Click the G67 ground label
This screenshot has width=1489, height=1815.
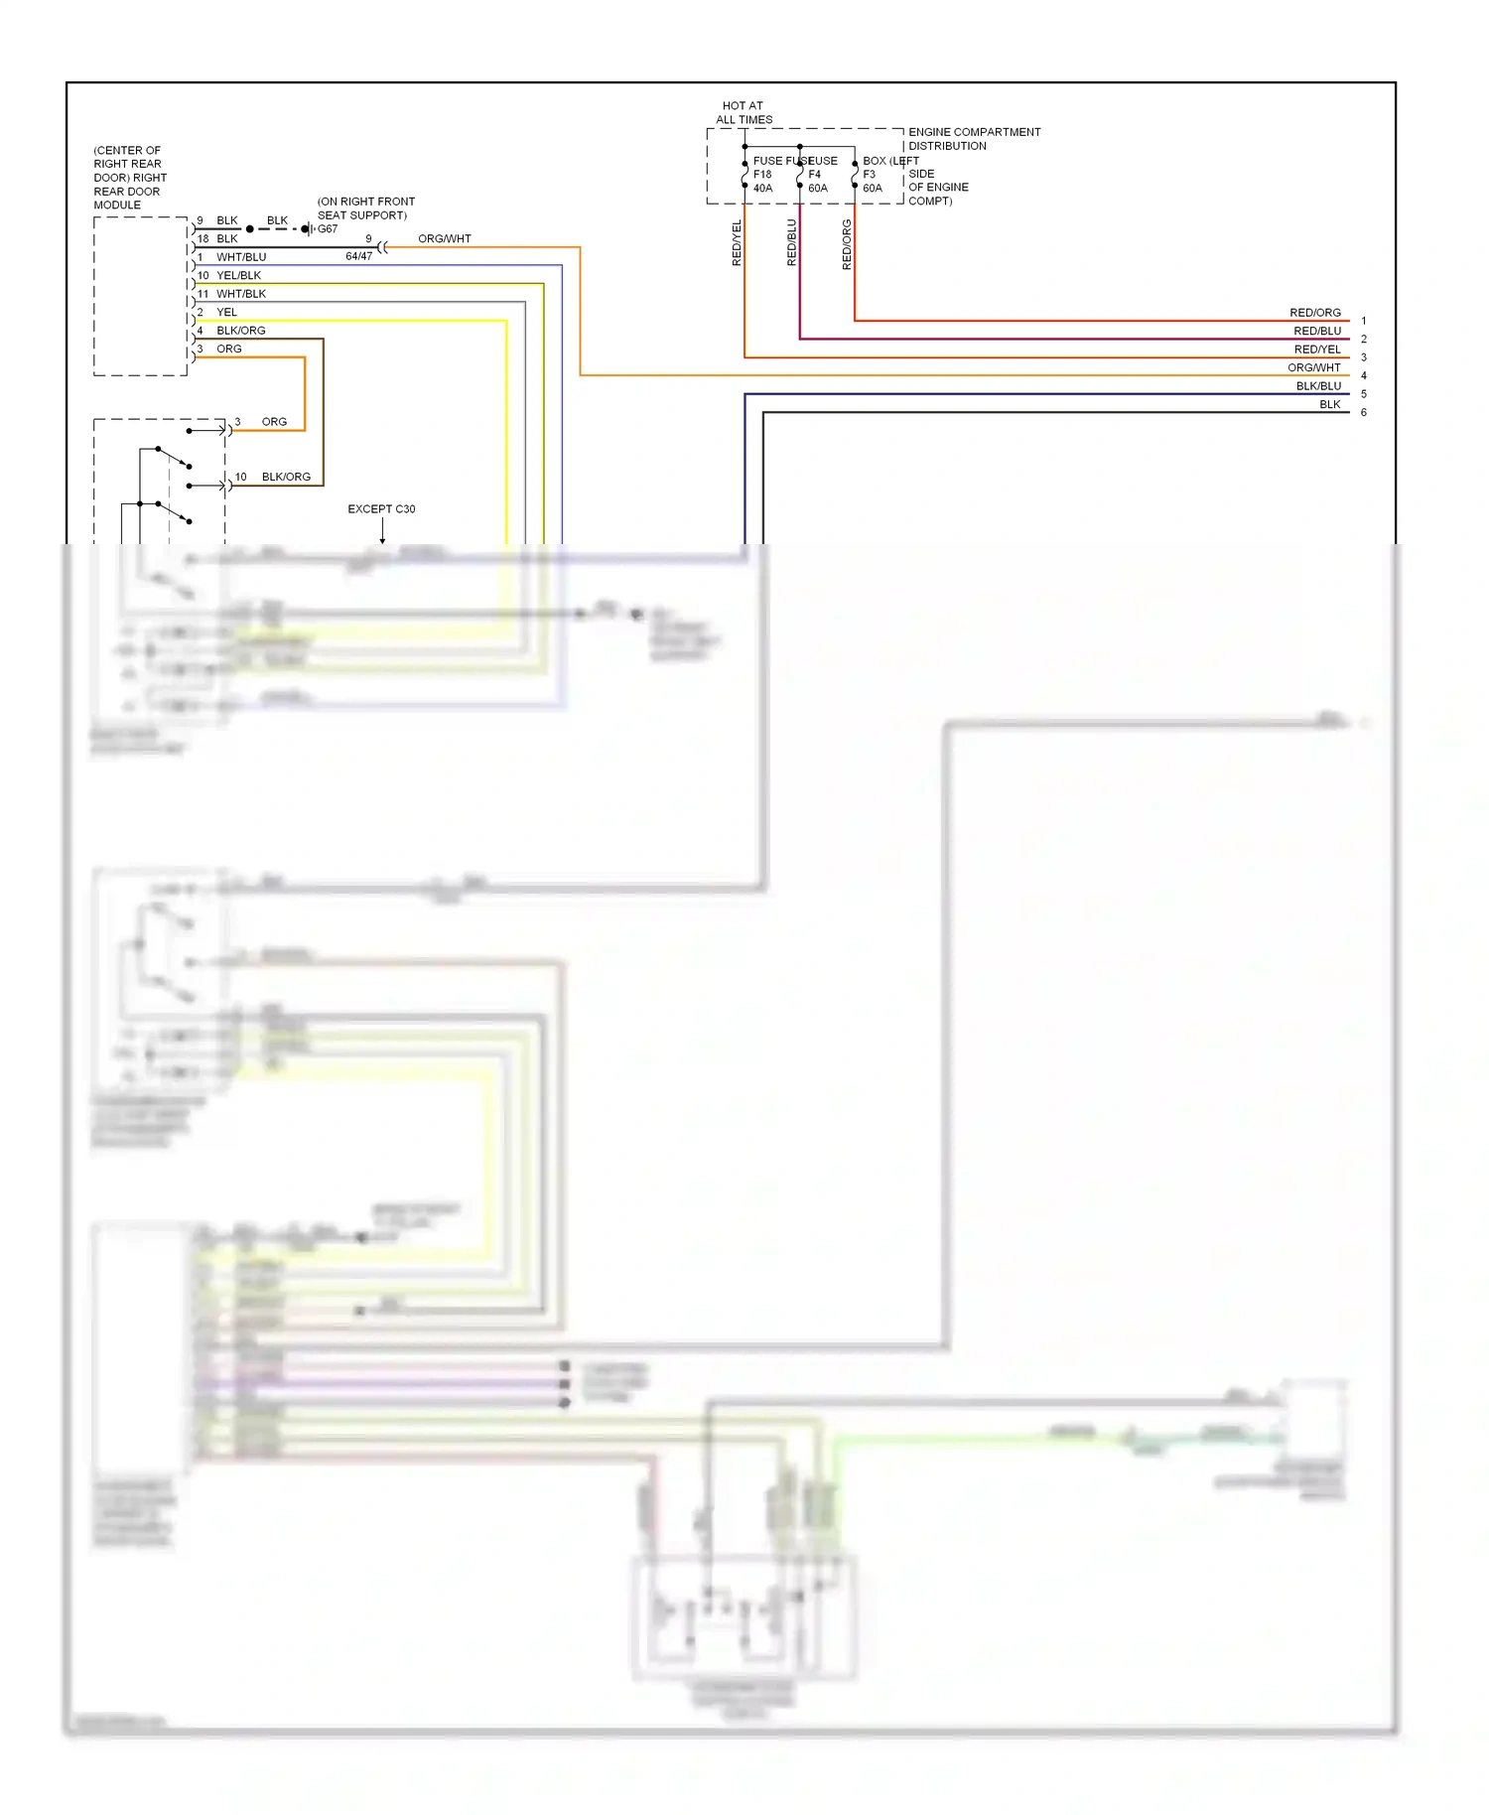[x=327, y=229]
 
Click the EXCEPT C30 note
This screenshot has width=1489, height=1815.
[x=381, y=509]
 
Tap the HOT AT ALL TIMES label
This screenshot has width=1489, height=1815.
[x=744, y=112]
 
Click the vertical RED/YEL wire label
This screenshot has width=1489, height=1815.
[x=737, y=242]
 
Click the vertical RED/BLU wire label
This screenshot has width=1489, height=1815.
[x=791, y=242]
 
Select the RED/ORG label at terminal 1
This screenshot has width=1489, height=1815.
[x=1314, y=313]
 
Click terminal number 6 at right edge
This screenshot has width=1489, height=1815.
[x=1363, y=413]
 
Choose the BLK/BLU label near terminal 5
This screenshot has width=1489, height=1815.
[x=1317, y=386]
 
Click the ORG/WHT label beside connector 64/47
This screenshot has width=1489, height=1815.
[x=444, y=239]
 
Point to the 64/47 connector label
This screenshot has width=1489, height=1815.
[x=358, y=256]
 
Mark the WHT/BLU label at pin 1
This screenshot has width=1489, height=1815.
[x=241, y=257]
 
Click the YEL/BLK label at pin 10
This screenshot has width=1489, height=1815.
[x=238, y=276]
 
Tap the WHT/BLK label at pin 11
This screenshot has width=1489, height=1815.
[x=241, y=294]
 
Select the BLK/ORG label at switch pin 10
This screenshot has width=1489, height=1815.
[x=286, y=478]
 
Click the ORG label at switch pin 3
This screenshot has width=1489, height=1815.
[x=274, y=422]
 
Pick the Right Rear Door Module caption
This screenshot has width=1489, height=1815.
[x=129, y=178]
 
